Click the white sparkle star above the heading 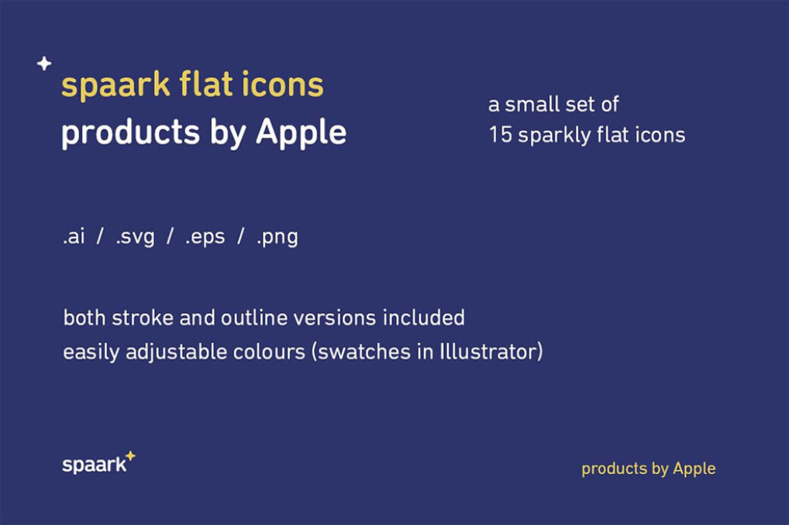[x=44, y=64]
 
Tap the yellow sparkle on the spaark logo [x=130, y=456]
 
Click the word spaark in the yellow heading [x=115, y=85]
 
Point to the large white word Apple [x=301, y=133]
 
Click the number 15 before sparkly [x=500, y=135]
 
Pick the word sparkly [x=554, y=135]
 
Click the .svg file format [x=135, y=237]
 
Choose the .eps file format [x=205, y=237]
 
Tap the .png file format [x=277, y=237]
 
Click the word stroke [x=143, y=318]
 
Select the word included [x=424, y=317]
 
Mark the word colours [x=269, y=352]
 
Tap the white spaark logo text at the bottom [x=94, y=465]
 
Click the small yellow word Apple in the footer [x=694, y=469]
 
